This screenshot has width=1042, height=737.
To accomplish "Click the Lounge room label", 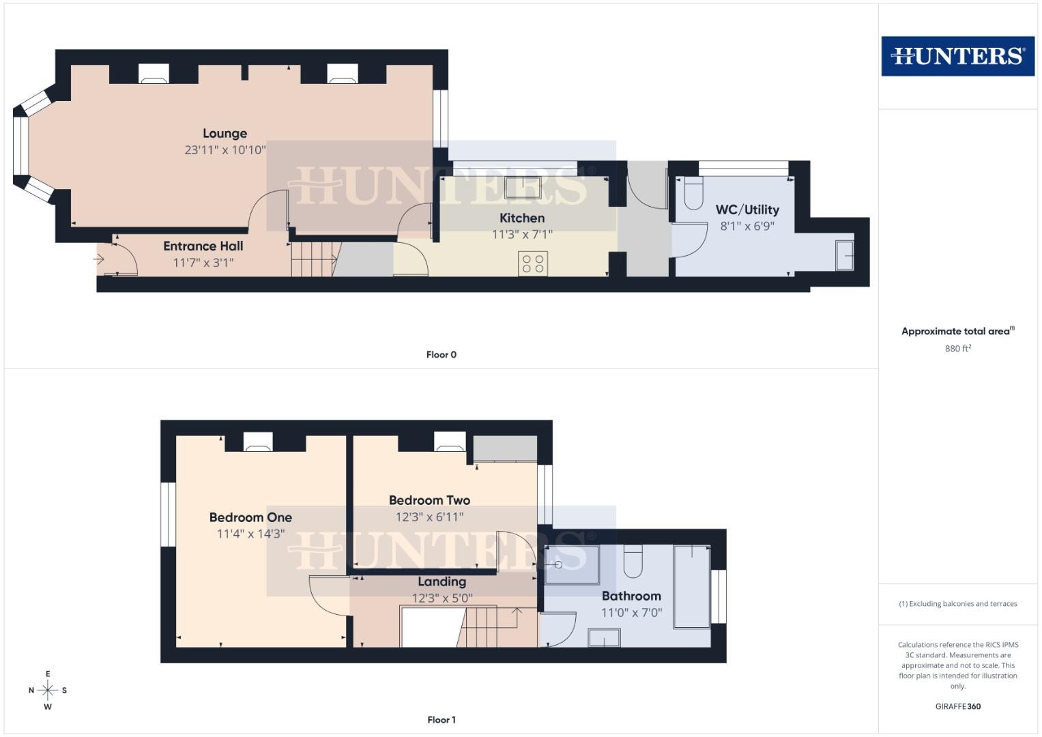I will [225, 134].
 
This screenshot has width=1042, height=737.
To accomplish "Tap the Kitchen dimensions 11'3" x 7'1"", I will [522, 234].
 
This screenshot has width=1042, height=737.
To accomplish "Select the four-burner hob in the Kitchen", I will [533, 263].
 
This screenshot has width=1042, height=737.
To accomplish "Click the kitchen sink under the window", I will [523, 186].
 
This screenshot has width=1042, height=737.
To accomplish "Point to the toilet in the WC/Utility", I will [693, 193].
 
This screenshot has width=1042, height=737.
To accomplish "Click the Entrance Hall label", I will [203, 246].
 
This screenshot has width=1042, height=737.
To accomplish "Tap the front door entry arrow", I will [99, 259].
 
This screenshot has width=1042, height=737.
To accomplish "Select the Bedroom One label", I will [250, 517].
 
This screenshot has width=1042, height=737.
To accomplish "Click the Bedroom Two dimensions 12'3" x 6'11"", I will [429, 517].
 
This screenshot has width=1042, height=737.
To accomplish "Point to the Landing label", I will [442, 581].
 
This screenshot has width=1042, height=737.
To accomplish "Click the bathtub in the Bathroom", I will [692, 586].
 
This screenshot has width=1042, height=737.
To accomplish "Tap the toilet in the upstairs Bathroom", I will [633, 561].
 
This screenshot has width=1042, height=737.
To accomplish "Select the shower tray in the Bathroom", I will [572, 564].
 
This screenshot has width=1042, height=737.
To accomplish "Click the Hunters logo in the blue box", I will [957, 56].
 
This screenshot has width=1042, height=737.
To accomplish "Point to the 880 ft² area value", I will [957, 348].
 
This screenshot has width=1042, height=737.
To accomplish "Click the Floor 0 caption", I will [441, 355].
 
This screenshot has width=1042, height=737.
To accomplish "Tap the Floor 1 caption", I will [441, 720].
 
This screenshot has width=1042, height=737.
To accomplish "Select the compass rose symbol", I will [48, 690].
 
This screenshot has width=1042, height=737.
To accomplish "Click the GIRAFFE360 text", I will [957, 706].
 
